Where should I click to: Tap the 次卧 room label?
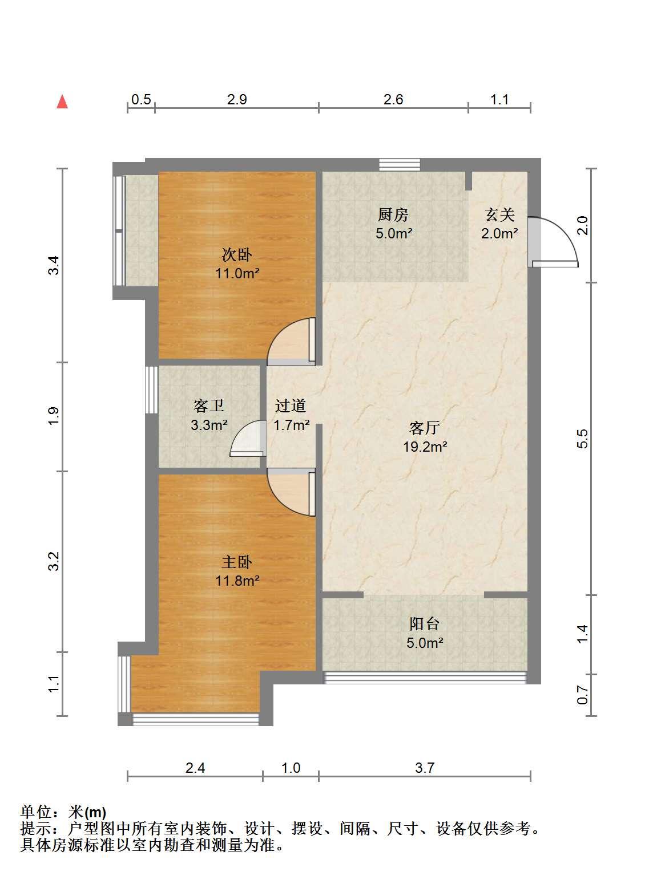[237, 255]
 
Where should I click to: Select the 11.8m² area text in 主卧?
[237, 581]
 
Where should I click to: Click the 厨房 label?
[393, 215]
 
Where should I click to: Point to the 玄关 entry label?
[500, 215]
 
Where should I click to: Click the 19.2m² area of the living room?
[425, 447]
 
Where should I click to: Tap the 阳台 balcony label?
[425, 624]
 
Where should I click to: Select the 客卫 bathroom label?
[208, 405]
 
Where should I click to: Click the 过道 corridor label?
[291, 405]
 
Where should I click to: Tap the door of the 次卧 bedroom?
[291, 342]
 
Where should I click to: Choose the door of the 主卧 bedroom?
[291, 492]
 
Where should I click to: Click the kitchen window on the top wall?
[400, 165]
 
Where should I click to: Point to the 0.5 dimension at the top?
[141, 99]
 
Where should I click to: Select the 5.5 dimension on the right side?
[582, 439]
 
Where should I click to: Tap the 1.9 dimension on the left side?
[54, 416]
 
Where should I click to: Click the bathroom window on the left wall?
[152, 390]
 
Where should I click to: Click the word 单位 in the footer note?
[36, 812]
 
